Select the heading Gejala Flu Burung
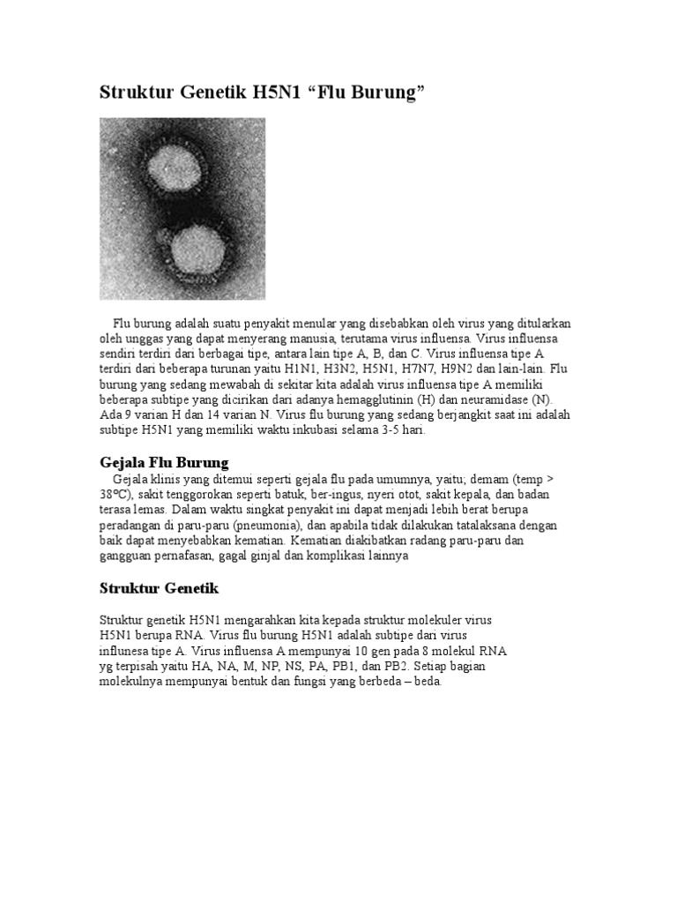163,462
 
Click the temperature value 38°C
116,494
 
